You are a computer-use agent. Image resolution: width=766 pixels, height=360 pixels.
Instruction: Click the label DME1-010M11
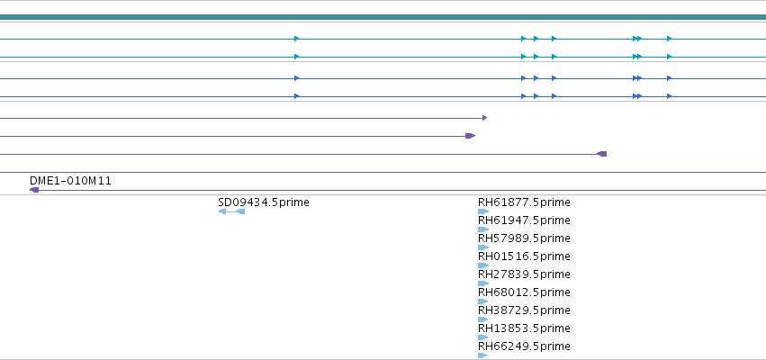point(70,181)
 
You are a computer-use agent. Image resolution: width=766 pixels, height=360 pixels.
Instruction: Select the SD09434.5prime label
point(264,202)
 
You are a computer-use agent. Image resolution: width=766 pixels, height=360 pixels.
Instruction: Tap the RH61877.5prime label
point(524,202)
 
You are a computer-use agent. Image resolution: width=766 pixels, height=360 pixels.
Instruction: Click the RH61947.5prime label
point(524,220)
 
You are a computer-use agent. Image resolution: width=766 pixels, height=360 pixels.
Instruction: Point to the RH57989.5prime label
point(524,238)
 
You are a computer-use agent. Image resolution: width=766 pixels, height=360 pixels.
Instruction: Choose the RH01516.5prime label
point(524,256)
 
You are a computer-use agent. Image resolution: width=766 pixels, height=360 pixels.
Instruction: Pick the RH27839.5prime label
point(524,274)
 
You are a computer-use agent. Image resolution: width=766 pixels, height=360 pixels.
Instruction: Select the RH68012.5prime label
point(524,292)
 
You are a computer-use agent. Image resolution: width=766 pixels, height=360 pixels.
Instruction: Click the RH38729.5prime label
point(524,310)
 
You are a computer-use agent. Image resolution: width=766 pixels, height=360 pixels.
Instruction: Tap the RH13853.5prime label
point(524,328)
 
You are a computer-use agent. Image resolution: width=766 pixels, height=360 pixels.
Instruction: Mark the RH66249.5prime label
point(524,346)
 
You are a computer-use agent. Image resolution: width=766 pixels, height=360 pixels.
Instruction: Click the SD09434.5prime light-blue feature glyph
point(231,211)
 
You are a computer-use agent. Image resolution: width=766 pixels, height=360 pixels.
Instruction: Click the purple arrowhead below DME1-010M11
point(33,190)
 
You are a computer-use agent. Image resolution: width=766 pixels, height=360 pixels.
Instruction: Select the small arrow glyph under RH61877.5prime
point(483,211)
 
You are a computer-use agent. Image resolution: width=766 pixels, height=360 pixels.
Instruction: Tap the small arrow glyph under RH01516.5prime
point(483,265)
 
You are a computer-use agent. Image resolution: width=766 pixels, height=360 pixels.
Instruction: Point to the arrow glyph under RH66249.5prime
point(482,355)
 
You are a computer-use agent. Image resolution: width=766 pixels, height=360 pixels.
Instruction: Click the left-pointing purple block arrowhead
point(602,154)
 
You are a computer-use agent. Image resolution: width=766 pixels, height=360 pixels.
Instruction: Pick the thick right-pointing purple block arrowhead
point(471,136)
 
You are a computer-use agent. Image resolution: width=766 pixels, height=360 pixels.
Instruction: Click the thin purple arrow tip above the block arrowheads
point(484,118)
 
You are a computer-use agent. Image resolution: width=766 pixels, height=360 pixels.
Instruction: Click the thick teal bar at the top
point(383,17)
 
